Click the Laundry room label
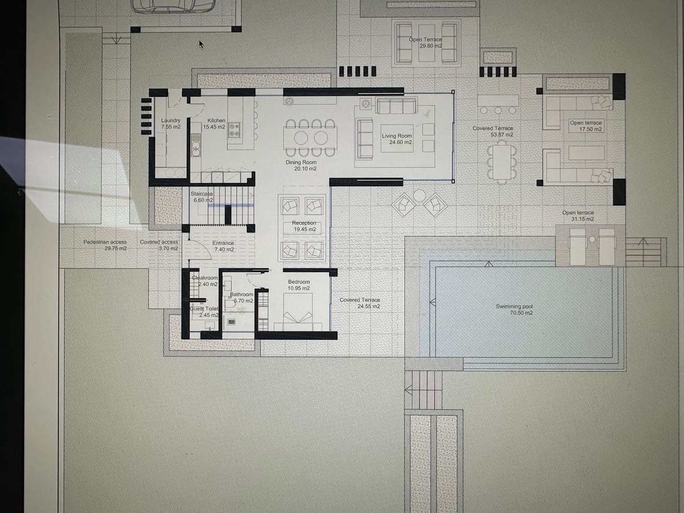tap(170, 124)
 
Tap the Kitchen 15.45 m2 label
tap(216, 124)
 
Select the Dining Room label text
tap(301, 165)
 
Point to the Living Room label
tap(397, 139)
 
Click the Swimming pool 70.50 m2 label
tap(514, 310)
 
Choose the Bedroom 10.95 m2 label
tap(299, 285)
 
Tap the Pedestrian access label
tap(105, 245)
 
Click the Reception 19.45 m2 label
tap(304, 226)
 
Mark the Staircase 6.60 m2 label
tap(202, 197)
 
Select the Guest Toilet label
tap(204, 312)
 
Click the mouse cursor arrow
tap(201, 44)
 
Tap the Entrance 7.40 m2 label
tap(223, 246)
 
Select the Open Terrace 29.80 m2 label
tap(426, 43)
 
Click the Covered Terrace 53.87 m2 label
tap(493, 132)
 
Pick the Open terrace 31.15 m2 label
tap(578, 216)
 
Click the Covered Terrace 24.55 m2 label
tap(360, 303)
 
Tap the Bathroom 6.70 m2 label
tap(242, 298)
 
